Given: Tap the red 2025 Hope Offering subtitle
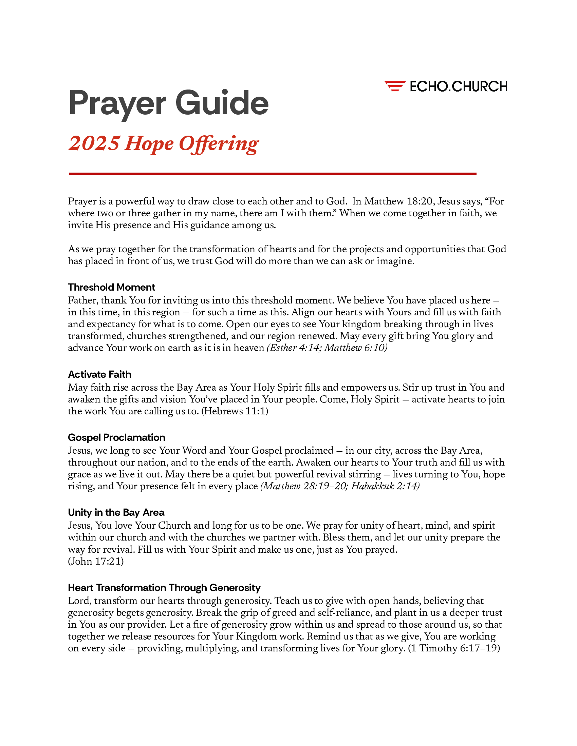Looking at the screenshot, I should coord(163,143).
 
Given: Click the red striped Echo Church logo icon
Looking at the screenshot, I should coord(395,86).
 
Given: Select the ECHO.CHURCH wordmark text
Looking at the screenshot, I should coord(459,86).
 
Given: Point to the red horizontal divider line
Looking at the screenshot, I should coord(273,174).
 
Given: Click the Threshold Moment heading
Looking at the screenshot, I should coord(111,287).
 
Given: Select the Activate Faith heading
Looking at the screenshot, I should coord(99,374).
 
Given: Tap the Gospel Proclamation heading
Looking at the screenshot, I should coord(116,437).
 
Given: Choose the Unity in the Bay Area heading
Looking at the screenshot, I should coord(116,512).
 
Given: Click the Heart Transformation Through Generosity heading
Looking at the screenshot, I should coord(164,588).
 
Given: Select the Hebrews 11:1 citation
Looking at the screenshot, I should coord(235,411).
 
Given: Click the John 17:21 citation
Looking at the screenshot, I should coord(96,561).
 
